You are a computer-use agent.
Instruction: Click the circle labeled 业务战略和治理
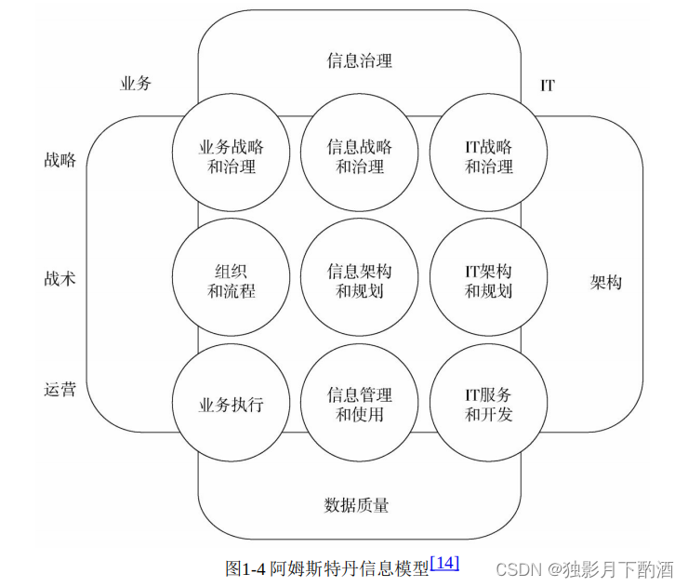click(231, 156)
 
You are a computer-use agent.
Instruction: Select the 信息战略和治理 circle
click(359, 156)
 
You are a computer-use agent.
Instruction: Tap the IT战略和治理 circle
click(488, 156)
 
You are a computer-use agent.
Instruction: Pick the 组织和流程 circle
click(231, 281)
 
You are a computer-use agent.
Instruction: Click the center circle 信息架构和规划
click(359, 281)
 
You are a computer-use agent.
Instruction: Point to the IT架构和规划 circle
click(488, 281)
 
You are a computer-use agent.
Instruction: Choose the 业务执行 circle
click(231, 405)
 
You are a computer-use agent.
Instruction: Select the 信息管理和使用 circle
click(359, 405)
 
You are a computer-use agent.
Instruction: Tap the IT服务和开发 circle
click(488, 405)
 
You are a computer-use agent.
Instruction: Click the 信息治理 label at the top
click(359, 61)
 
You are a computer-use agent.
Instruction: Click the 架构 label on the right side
click(605, 282)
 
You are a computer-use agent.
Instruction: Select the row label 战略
click(60, 160)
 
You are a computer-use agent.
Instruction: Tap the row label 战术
click(60, 278)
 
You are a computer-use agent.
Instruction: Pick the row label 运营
click(60, 390)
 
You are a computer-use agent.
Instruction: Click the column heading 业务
click(136, 84)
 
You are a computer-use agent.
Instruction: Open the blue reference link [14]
click(444, 563)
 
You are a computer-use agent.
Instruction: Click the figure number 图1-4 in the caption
click(246, 567)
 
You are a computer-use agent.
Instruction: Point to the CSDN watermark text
click(519, 568)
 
